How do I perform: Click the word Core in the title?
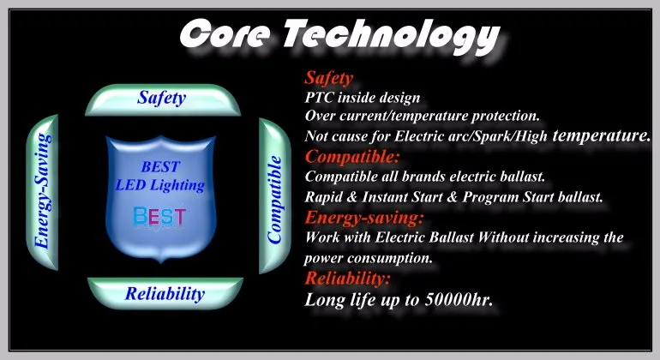(225, 33)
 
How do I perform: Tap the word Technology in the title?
(392, 37)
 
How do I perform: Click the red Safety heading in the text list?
(329, 78)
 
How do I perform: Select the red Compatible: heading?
(352, 157)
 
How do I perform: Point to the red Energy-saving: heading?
(364, 218)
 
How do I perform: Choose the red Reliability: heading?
(348, 279)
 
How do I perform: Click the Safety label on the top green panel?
(162, 98)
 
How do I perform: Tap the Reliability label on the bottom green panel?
(165, 293)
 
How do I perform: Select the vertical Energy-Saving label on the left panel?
(43, 191)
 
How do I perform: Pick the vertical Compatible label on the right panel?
(274, 199)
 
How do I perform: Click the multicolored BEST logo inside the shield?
(159, 217)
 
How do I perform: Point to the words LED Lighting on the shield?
(160, 185)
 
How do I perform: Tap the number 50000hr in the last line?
(459, 300)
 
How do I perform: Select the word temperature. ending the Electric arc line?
(602, 135)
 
